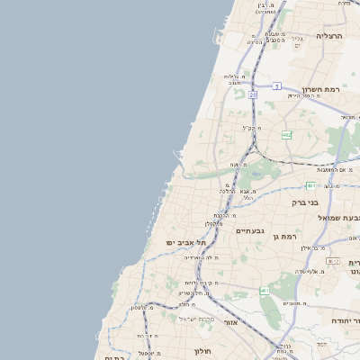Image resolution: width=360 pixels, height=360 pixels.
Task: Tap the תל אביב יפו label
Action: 186,242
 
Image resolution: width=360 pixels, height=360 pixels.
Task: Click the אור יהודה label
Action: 344,320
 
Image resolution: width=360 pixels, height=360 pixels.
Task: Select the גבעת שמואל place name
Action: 338,217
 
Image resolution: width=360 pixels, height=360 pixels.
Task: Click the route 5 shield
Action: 277,85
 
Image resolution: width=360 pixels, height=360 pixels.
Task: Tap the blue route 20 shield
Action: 253,94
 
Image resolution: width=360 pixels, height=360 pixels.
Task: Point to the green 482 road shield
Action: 286,135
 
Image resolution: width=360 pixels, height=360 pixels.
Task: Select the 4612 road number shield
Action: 332,261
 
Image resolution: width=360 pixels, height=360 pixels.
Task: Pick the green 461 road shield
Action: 264,291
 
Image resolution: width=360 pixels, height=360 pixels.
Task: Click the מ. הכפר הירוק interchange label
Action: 302,94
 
